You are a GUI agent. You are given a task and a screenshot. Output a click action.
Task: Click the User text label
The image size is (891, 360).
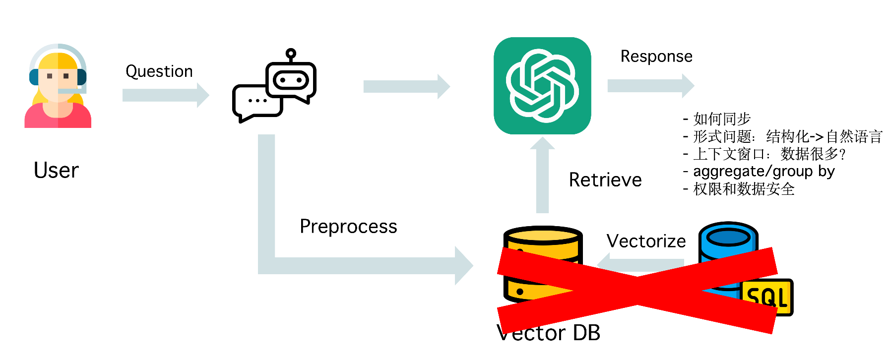click(x=56, y=171)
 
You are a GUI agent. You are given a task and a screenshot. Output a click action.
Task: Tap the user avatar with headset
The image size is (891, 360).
click(x=58, y=86)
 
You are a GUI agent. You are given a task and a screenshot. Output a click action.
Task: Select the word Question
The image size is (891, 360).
click(x=159, y=71)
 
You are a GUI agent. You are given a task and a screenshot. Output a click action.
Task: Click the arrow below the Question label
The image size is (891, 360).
click(x=166, y=95)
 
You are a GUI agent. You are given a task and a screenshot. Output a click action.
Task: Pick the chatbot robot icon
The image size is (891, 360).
click(x=274, y=86)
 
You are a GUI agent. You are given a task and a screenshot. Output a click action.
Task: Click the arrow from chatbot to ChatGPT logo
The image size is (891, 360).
click(x=407, y=87)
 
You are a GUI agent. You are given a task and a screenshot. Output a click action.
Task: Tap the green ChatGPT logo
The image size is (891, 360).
click(x=542, y=86)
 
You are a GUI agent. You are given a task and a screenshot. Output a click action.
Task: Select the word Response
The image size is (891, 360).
click(x=656, y=57)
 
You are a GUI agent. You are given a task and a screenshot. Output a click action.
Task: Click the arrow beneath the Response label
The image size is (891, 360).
click(x=651, y=86)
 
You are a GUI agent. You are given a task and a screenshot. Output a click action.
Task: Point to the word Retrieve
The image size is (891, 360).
click(x=605, y=180)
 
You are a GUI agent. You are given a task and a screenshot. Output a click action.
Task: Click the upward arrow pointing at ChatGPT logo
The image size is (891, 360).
click(x=542, y=175)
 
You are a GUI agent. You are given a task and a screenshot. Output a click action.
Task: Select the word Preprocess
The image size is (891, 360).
click(x=348, y=227)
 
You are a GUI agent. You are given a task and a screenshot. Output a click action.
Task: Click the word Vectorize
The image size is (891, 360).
click(x=646, y=241)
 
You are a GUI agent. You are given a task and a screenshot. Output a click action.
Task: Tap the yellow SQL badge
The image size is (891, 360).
click(x=767, y=297)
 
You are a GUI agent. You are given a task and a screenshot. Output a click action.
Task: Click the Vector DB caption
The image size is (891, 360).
click(x=548, y=333)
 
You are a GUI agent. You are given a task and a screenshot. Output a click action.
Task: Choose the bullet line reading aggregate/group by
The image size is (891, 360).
click(x=759, y=172)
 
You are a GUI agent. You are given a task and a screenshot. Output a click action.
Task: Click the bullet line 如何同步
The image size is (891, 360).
click(x=717, y=119)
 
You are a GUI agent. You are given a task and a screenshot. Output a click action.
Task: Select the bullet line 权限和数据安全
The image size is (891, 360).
click(x=739, y=189)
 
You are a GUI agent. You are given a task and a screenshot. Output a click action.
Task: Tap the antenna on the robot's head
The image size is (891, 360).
click(x=291, y=55)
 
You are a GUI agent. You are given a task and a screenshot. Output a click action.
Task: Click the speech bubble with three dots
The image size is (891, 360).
click(x=257, y=103)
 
